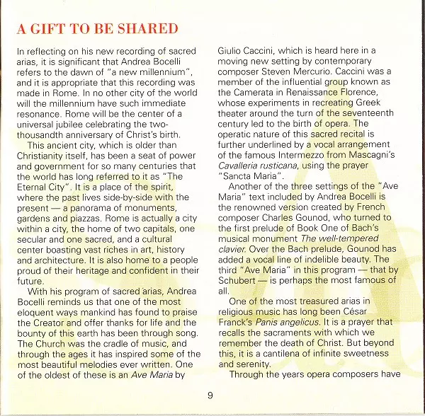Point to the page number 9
click(210, 394)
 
